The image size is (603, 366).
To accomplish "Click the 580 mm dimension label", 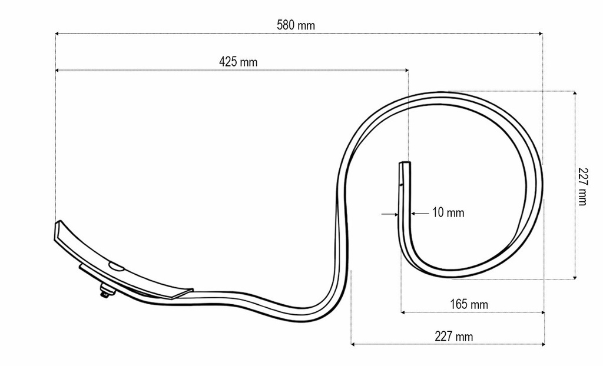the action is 296,25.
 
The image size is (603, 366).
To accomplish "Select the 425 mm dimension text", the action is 238,62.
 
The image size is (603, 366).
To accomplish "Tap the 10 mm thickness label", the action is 448,212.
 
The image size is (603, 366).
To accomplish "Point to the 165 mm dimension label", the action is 469,304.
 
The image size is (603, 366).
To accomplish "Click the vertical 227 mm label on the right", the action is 582,187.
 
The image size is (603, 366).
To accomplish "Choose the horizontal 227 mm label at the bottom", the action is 454,337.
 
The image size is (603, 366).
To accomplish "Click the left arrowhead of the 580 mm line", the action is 57,34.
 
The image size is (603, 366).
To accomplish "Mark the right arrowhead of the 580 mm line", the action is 541,34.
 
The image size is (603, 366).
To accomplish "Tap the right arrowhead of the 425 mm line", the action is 406,71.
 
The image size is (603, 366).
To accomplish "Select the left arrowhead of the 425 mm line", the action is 57,71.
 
